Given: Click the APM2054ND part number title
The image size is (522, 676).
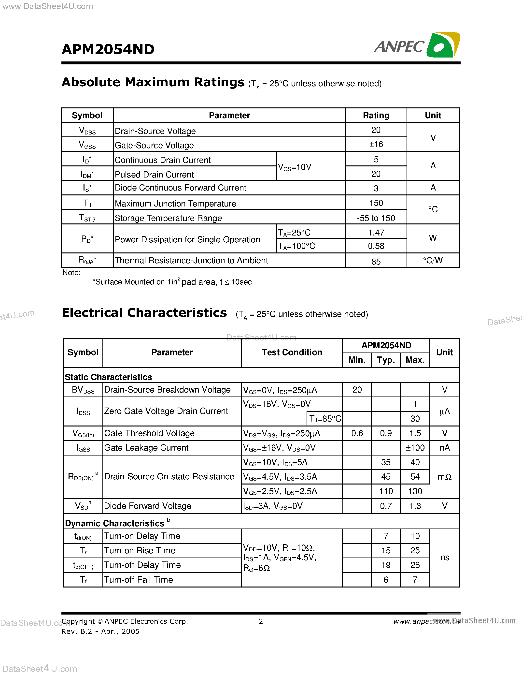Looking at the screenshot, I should [108, 49].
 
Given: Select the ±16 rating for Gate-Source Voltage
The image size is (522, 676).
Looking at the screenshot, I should [376, 145].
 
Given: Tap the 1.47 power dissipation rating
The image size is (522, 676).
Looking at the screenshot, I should [376, 233].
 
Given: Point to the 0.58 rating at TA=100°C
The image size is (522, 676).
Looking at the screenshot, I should [376, 246].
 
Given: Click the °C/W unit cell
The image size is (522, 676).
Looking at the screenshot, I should [433, 260].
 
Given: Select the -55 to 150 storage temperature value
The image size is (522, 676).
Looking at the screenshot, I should [376, 218].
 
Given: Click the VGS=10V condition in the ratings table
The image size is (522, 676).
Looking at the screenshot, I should [294, 167].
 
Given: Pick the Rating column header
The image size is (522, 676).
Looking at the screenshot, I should [376, 116].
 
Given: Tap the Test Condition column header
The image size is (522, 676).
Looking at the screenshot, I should [292, 352].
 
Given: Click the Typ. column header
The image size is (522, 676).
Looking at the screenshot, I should [386, 360].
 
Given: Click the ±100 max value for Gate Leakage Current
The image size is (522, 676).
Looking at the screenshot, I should [415, 448].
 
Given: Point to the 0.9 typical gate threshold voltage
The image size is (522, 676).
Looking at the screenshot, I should [386, 433].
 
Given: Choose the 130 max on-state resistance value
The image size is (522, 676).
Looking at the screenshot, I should [415, 491].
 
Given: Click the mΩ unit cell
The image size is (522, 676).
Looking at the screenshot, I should [444, 477].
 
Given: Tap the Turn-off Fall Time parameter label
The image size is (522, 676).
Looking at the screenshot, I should [139, 580].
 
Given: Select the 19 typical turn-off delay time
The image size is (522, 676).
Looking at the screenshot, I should [386, 565].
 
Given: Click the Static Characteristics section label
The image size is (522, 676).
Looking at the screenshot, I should [108, 377].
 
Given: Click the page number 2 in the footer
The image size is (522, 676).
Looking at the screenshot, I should [261, 621].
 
